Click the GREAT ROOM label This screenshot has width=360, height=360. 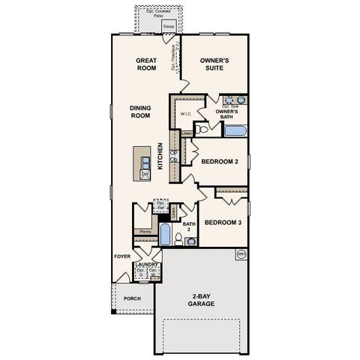tap(145, 64)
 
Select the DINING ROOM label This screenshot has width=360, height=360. tap(140, 112)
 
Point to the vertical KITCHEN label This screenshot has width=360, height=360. tap(160, 156)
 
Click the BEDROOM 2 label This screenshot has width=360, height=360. tap(221, 161)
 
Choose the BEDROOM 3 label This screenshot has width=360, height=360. tap(223, 223)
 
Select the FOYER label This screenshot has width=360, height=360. tap(121, 256)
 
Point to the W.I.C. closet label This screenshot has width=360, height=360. tap(187, 114)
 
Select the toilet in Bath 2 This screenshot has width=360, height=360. tap(176, 239)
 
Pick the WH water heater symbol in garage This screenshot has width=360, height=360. tap(241, 255)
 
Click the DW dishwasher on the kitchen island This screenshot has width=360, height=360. tap(145, 174)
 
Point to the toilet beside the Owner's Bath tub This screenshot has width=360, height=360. tap(202, 129)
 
